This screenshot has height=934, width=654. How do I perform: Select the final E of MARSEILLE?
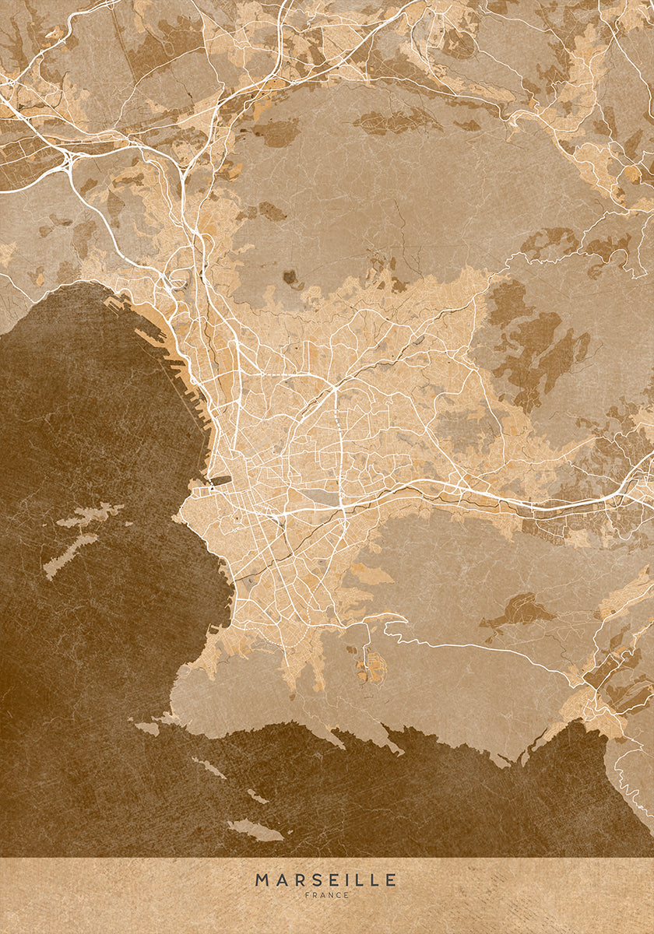[x=391, y=880]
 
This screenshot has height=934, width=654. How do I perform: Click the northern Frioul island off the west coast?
[x=90, y=516]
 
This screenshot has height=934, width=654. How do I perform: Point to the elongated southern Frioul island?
[x=70, y=554]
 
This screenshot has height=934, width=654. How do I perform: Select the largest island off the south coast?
[x=255, y=830]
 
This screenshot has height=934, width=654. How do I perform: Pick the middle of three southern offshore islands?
[x=257, y=796]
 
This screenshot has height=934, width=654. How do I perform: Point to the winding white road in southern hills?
[x=467, y=645]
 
